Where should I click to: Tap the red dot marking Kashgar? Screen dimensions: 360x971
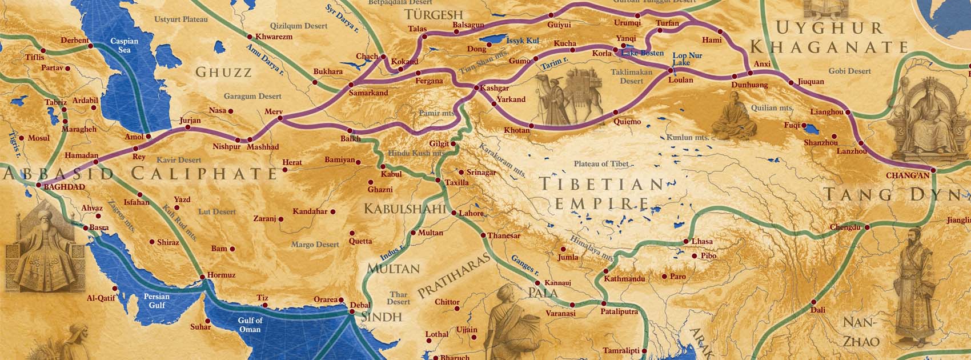(x=476, y=88)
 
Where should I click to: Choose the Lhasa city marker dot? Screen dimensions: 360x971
(x=686, y=242)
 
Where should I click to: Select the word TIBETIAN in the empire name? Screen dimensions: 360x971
(x=602, y=184)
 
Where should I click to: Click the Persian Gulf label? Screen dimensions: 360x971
(x=157, y=301)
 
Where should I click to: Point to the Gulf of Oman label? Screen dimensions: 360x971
(x=250, y=325)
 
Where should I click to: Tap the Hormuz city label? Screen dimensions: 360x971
(x=221, y=275)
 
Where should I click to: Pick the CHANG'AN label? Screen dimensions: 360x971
(x=908, y=175)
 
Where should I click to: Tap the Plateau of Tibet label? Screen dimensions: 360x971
(x=601, y=164)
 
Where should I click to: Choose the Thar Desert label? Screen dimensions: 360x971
(x=399, y=298)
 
